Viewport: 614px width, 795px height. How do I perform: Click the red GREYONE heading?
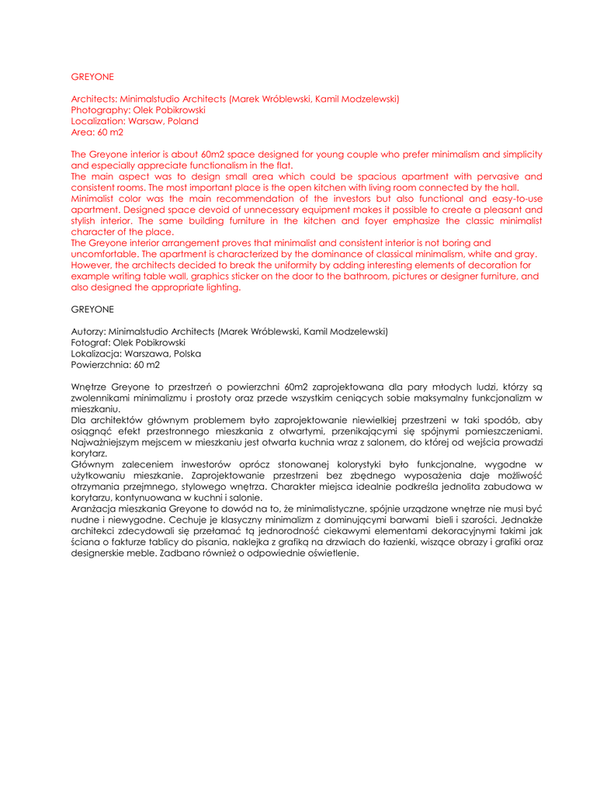(x=92, y=77)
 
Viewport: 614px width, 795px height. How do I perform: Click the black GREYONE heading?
(x=92, y=309)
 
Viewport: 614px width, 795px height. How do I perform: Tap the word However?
(x=92, y=266)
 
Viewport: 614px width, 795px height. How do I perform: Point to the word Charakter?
(x=296, y=487)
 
